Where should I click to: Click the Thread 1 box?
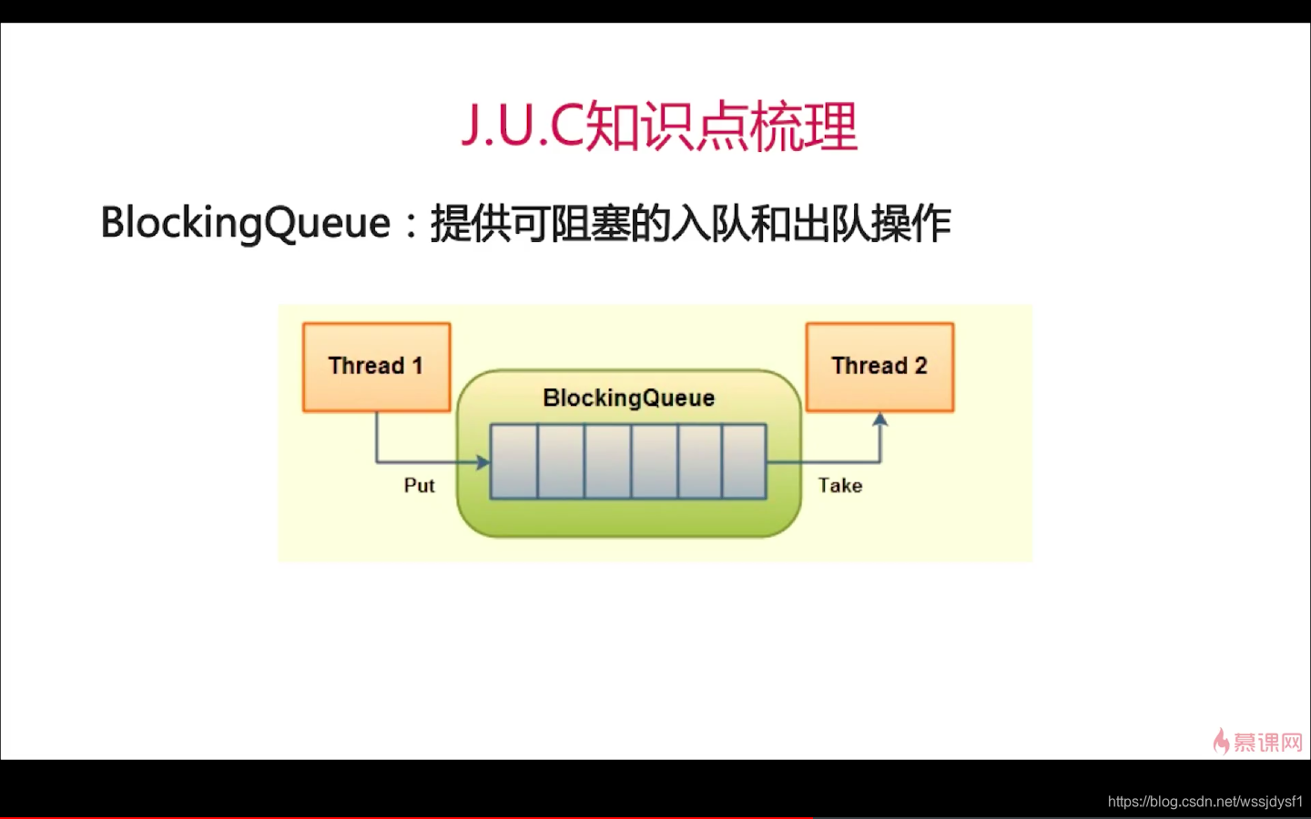point(377,368)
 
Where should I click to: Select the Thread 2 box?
point(879,368)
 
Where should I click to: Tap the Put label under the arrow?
point(419,486)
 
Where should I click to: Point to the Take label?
point(839,486)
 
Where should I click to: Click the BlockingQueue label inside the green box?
point(628,398)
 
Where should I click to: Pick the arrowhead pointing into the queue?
point(483,462)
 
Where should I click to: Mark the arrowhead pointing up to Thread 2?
point(879,420)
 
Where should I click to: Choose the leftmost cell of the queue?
point(514,461)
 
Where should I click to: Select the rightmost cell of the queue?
point(745,461)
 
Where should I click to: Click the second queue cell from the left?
point(561,461)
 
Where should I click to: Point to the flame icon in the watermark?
point(1221,741)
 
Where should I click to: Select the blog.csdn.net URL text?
point(1205,802)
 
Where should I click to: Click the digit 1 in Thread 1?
point(417,366)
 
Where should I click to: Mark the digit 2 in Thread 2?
point(920,366)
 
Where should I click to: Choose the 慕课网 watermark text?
point(1268,743)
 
